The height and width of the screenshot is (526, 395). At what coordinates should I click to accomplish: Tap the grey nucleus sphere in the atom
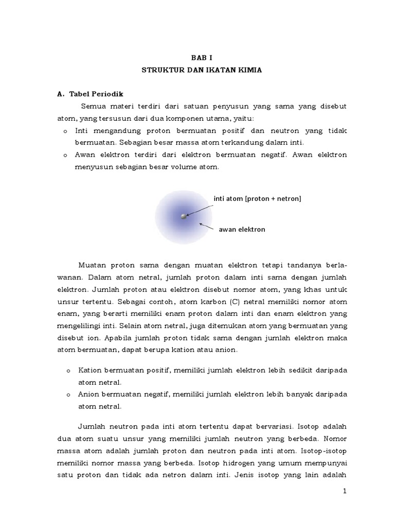(x=184, y=217)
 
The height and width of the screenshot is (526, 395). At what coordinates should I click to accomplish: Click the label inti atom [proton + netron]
(x=257, y=198)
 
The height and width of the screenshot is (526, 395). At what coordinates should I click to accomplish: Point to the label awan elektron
(x=242, y=229)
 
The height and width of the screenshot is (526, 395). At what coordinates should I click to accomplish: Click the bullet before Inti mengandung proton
(x=65, y=131)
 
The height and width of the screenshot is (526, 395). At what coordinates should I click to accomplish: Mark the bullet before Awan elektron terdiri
(x=65, y=155)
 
